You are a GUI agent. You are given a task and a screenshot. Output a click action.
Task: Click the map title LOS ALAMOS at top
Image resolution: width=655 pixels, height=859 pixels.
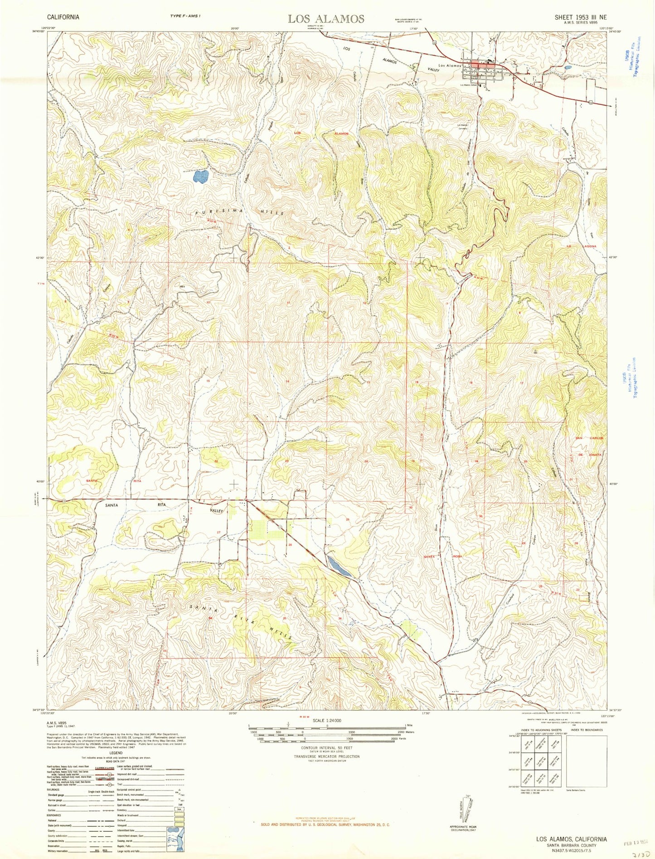[326, 19]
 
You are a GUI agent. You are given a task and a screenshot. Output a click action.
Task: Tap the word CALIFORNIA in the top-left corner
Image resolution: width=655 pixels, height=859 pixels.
[63, 17]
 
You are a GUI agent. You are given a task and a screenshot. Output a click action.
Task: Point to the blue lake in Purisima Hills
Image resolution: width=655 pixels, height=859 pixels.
[200, 176]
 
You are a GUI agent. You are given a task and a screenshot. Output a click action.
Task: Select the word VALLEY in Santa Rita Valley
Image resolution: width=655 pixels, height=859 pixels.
[217, 511]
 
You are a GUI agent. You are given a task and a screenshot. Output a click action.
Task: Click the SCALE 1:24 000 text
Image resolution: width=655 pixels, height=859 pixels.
[326, 720]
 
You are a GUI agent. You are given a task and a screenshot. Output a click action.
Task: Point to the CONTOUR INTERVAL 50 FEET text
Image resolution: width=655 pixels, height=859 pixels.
[326, 747]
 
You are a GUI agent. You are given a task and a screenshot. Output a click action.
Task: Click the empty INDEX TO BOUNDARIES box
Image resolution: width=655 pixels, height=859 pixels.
[587, 760]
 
